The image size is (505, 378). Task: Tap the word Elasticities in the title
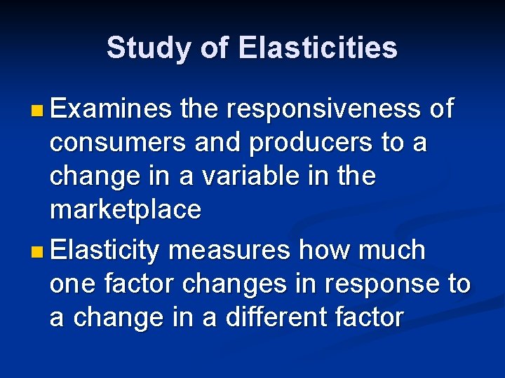coord(318,48)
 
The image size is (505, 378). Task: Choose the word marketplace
coord(126,210)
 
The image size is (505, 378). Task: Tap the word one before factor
coord(75,284)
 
